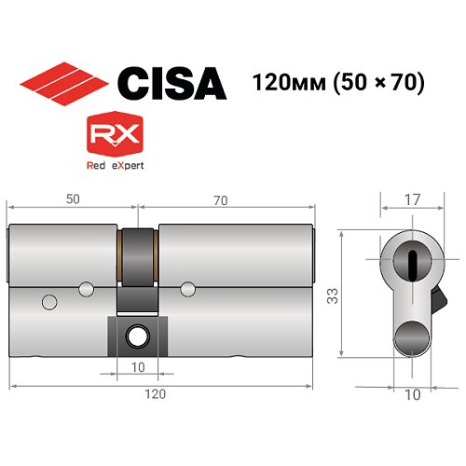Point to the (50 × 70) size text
378,83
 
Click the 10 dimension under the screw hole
137,367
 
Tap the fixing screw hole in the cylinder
137,332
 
